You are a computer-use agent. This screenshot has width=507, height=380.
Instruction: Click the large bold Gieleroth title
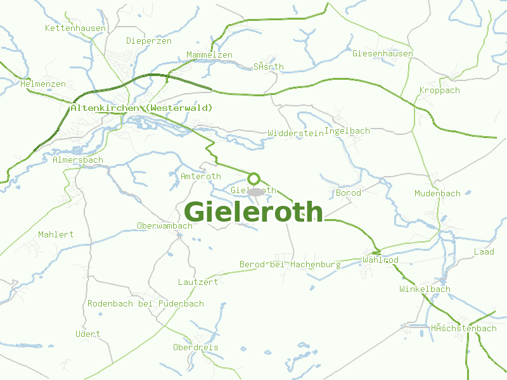tap(253, 212)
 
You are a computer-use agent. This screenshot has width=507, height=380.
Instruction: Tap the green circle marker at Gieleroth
tap(254, 179)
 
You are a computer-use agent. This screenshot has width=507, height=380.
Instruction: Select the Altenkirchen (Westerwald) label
tap(141, 108)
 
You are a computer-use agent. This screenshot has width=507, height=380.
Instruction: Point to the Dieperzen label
tap(149, 41)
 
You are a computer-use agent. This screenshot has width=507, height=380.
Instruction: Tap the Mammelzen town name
tap(209, 55)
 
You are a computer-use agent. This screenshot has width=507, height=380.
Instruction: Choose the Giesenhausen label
tap(383, 54)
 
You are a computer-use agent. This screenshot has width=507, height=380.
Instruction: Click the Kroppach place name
tap(440, 91)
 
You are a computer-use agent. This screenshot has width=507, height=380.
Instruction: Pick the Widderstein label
tap(295, 134)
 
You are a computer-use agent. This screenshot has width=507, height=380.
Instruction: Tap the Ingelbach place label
tap(347, 131)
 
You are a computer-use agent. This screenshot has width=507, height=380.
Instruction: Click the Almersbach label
tap(77, 160)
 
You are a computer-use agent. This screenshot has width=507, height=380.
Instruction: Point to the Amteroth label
tap(201, 177)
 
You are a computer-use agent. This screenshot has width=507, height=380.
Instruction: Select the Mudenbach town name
tap(437, 193)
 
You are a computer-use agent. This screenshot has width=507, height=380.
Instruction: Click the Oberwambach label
tap(165, 226)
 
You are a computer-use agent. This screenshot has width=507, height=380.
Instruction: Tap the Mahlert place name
tap(56, 234)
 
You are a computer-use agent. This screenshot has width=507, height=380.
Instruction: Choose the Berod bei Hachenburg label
tap(290, 264)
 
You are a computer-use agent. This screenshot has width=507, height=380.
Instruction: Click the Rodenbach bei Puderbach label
tap(146, 304)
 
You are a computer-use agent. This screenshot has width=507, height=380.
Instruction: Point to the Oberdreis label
tap(196, 348)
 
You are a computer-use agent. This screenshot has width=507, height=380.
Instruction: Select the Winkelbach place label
tap(425, 289)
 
